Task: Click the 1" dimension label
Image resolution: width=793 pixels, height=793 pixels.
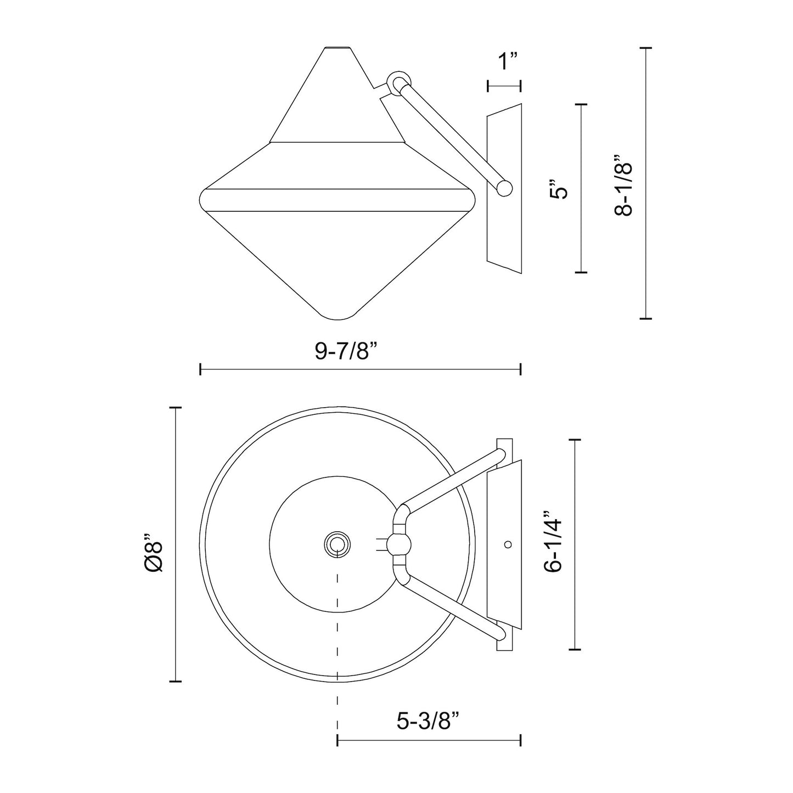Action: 508,61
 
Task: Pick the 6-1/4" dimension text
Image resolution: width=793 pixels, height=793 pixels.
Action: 554,542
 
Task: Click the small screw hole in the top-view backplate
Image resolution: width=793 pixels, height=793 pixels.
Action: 508,544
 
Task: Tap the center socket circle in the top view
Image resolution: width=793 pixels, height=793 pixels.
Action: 336,544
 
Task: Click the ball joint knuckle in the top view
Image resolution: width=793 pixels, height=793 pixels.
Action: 399,544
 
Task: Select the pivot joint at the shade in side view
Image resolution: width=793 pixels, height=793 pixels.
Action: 398,82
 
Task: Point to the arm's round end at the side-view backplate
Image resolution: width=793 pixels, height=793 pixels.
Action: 504,188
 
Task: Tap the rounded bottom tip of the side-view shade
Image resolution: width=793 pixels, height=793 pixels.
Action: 338,317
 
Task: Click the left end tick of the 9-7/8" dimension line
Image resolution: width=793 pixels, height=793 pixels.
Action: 201,369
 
